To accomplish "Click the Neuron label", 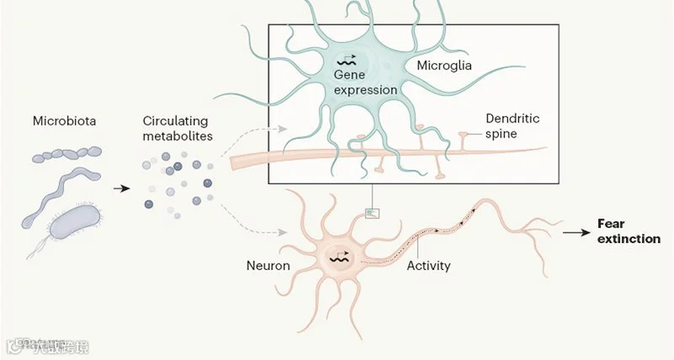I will (x=268, y=266).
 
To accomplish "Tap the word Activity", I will (x=428, y=266).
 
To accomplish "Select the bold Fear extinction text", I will (x=628, y=231).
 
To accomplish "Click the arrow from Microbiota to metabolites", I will (x=121, y=188).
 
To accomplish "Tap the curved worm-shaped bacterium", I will (x=63, y=187).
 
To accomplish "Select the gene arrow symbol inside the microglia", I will (x=346, y=61).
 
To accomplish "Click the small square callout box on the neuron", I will (x=372, y=212).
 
